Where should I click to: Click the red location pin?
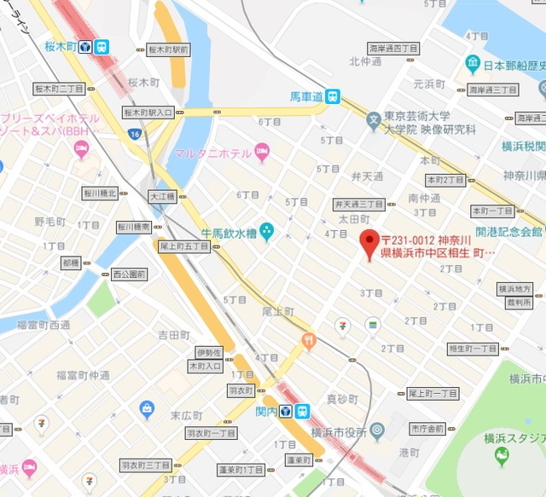coord(370,244)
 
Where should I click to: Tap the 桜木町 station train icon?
coord(102,47)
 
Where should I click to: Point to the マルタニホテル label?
coord(212,153)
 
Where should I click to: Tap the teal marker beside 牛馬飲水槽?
coord(266,230)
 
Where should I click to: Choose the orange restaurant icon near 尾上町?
coord(309,341)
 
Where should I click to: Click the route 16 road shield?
coord(135,134)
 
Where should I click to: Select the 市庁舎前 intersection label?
coord(427,428)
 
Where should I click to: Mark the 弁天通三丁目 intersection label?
coord(358,205)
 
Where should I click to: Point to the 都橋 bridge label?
coord(70,263)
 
